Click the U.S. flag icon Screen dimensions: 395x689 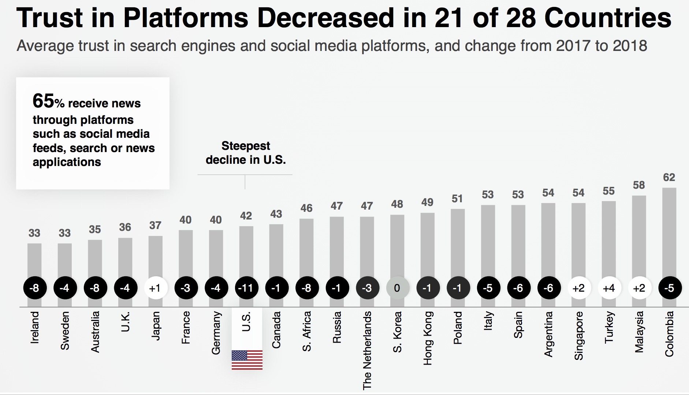247,359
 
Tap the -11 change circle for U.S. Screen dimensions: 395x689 246,288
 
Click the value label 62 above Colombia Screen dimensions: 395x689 669,177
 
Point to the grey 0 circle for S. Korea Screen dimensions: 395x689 397,288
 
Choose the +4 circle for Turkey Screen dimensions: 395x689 609,288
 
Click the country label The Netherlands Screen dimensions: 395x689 367,350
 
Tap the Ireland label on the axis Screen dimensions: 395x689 34,327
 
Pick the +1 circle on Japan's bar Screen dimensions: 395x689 156,288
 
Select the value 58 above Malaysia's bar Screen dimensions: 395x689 639,185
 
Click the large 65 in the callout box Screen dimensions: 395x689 43,101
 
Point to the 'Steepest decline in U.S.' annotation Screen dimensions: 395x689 246,153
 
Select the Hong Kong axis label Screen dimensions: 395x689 427,338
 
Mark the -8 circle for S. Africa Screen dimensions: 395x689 307,288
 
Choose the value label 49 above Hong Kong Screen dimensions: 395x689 427,202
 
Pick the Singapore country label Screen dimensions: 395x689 578,336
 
